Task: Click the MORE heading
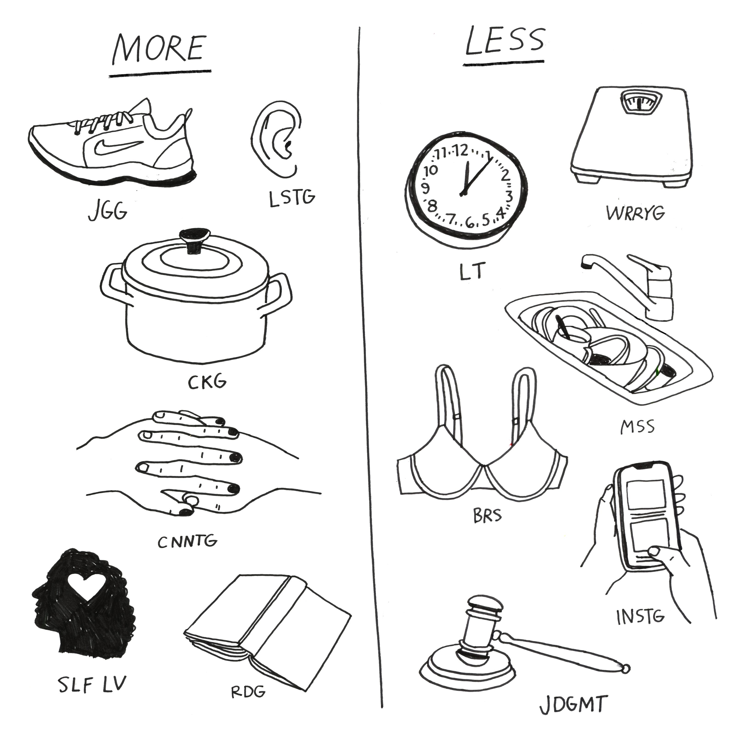click(160, 49)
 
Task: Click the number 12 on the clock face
click(461, 151)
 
